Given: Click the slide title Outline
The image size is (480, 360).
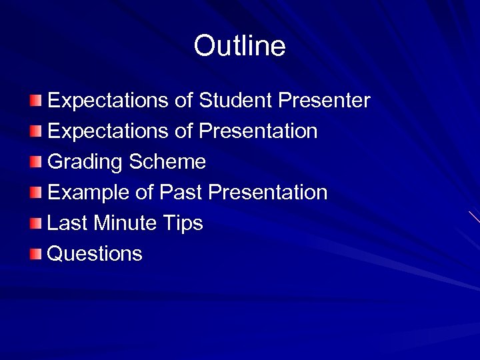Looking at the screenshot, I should pyautogui.click(x=239, y=46).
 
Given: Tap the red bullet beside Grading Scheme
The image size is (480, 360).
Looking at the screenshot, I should pyautogui.click(x=35, y=162).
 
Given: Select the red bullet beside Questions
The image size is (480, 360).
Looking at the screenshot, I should pyautogui.click(x=35, y=254).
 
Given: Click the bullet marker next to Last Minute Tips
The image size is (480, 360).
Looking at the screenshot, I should pyautogui.click(x=35, y=223).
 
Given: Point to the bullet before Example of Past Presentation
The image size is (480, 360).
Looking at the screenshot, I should pyautogui.click(x=35, y=193).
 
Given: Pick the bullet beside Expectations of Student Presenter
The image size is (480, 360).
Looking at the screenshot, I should pyautogui.click(x=35, y=101).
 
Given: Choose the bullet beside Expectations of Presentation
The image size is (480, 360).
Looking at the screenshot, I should pyautogui.click(x=35, y=131).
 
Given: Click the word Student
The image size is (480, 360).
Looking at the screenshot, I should pyautogui.click(x=235, y=101).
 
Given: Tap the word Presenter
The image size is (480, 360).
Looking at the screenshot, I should pyautogui.click(x=324, y=101).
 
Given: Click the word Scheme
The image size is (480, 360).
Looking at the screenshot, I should pyautogui.click(x=167, y=162).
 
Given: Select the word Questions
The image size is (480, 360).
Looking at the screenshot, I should pyautogui.click(x=95, y=254).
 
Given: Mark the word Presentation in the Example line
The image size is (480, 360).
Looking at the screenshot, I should pyautogui.click(x=268, y=193).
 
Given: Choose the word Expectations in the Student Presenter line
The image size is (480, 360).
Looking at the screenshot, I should pyautogui.click(x=108, y=101).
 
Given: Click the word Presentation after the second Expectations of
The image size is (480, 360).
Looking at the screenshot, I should pyautogui.click(x=258, y=131).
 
